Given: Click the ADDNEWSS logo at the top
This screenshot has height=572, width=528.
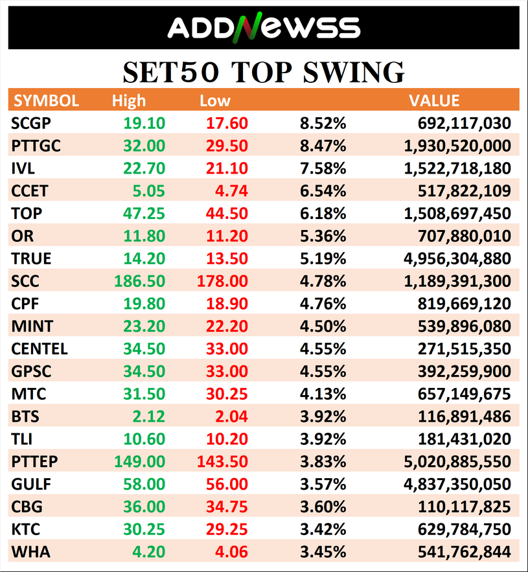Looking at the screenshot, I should click(264, 28).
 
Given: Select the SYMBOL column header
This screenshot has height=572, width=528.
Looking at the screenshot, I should click(46, 101).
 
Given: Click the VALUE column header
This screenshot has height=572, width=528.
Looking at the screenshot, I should click(433, 101).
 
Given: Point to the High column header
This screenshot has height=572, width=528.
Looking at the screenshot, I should click(129, 101).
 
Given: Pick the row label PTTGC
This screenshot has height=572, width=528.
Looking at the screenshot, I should click(36, 146).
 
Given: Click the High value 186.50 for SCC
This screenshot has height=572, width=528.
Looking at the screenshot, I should click(139, 281).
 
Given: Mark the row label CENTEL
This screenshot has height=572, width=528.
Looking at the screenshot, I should click(40, 349).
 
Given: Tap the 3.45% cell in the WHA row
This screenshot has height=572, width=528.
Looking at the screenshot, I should click(323, 552).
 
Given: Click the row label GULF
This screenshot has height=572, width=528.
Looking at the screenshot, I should click(31, 484).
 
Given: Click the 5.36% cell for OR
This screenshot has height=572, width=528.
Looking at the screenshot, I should click(323, 236).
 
